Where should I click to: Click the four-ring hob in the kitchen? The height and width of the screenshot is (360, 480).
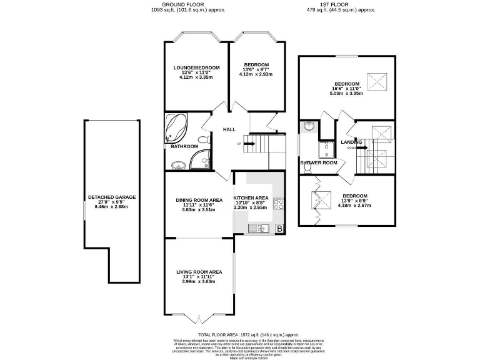click(x=278, y=203)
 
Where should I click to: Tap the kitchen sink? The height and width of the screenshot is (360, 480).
click(x=261, y=228)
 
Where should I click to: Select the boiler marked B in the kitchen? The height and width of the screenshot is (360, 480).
click(x=279, y=229)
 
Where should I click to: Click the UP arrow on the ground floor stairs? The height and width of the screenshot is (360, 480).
click(x=247, y=144)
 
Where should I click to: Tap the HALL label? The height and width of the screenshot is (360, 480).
click(x=229, y=129)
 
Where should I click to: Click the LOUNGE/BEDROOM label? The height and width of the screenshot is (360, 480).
click(x=196, y=67)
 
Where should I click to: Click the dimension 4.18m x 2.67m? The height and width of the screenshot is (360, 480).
click(x=354, y=205)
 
